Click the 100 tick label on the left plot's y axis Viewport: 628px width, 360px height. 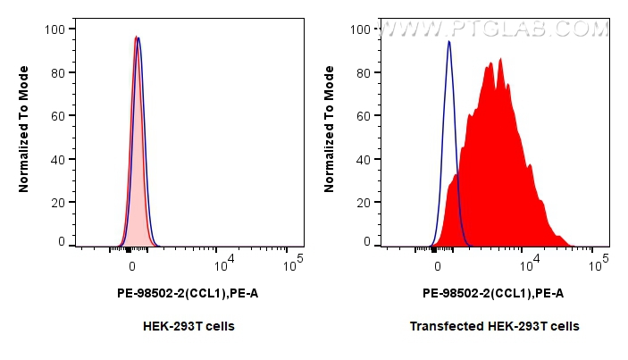tap(54, 29)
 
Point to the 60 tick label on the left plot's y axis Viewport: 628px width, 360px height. tap(57, 116)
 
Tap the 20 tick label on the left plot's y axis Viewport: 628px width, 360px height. tap(57, 203)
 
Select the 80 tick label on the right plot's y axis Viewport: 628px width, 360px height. tap(363, 72)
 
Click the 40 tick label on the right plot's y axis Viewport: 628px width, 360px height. tap(363, 160)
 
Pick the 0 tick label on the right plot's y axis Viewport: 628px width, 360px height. tap(366, 241)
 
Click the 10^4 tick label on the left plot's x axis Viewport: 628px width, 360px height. tap(224, 264)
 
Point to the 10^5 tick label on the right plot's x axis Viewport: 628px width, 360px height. tap(599, 264)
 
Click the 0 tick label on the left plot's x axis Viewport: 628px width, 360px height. tap(132, 266)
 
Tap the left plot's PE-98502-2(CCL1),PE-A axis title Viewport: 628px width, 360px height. tap(188, 293)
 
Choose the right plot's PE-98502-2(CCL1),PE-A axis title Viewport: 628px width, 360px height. tap(493, 293)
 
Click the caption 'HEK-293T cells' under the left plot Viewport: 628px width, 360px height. tap(188, 326)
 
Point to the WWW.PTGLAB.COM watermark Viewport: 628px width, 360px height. tap(493, 29)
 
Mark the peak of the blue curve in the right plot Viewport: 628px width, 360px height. tap(449, 41)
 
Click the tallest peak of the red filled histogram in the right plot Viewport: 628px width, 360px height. tap(500, 59)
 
